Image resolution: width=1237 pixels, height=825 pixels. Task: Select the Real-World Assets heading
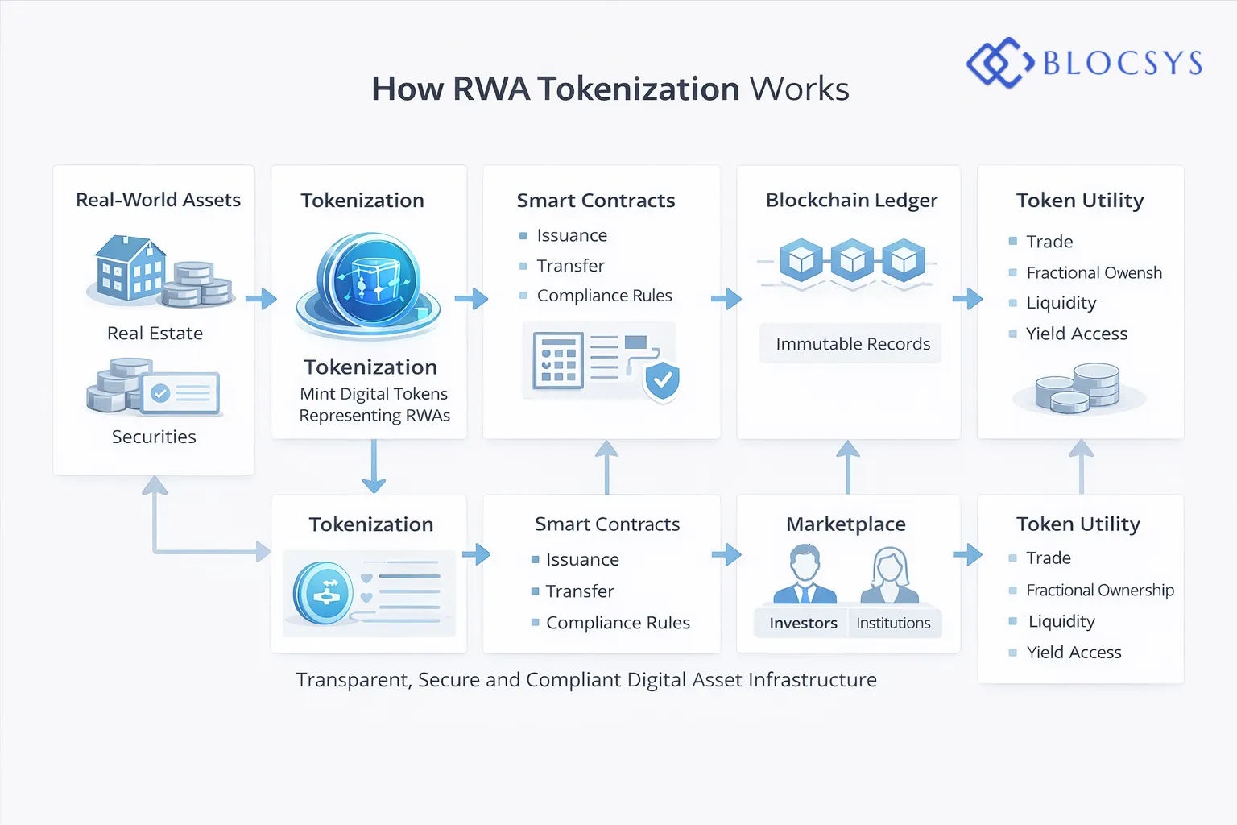click(158, 200)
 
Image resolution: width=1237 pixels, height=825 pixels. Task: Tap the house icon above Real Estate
click(129, 268)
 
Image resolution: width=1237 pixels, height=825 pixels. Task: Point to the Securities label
click(154, 437)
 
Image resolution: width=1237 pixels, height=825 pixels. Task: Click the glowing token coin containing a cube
click(368, 282)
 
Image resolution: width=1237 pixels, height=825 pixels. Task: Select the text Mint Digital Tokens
click(374, 394)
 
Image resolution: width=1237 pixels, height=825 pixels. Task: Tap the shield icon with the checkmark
click(662, 380)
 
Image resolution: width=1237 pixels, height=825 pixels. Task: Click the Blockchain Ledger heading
click(851, 200)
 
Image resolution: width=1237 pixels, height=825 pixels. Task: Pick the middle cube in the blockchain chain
click(852, 260)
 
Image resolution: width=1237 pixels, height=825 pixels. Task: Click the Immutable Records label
click(852, 344)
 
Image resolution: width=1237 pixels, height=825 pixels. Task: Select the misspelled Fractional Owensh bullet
click(1094, 273)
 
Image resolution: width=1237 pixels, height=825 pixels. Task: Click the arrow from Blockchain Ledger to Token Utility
click(967, 299)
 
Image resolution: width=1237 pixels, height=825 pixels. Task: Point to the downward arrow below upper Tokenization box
click(374, 467)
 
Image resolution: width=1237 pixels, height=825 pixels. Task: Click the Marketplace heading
click(846, 524)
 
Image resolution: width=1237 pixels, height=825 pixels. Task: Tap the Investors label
click(803, 623)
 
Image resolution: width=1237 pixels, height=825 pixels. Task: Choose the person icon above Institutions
click(889, 575)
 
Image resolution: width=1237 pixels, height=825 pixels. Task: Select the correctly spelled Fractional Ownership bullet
click(1099, 591)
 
